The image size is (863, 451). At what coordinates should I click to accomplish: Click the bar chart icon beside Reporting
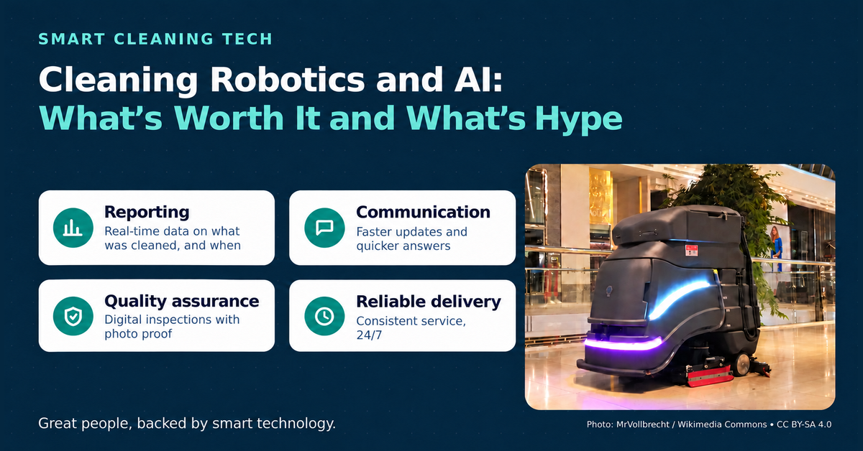[73, 228]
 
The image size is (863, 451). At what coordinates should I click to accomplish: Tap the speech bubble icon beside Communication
[324, 228]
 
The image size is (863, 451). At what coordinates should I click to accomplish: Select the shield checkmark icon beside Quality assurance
[73, 316]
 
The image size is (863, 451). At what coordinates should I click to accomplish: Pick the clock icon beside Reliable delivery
[324, 316]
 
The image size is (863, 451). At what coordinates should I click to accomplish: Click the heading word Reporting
[147, 212]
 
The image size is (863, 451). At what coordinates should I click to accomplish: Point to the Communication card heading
[423, 212]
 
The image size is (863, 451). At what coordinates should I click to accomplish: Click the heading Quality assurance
[182, 301]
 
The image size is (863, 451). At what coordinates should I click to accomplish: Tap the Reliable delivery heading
[429, 302]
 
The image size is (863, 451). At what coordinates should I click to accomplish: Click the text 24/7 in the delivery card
[369, 335]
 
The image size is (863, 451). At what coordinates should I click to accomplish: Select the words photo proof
[138, 334]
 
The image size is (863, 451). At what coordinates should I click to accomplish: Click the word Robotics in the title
[288, 80]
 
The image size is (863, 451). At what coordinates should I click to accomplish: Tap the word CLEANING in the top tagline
[164, 39]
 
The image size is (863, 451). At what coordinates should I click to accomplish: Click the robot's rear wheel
[741, 363]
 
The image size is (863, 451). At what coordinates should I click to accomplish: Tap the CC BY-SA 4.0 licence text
[804, 424]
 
